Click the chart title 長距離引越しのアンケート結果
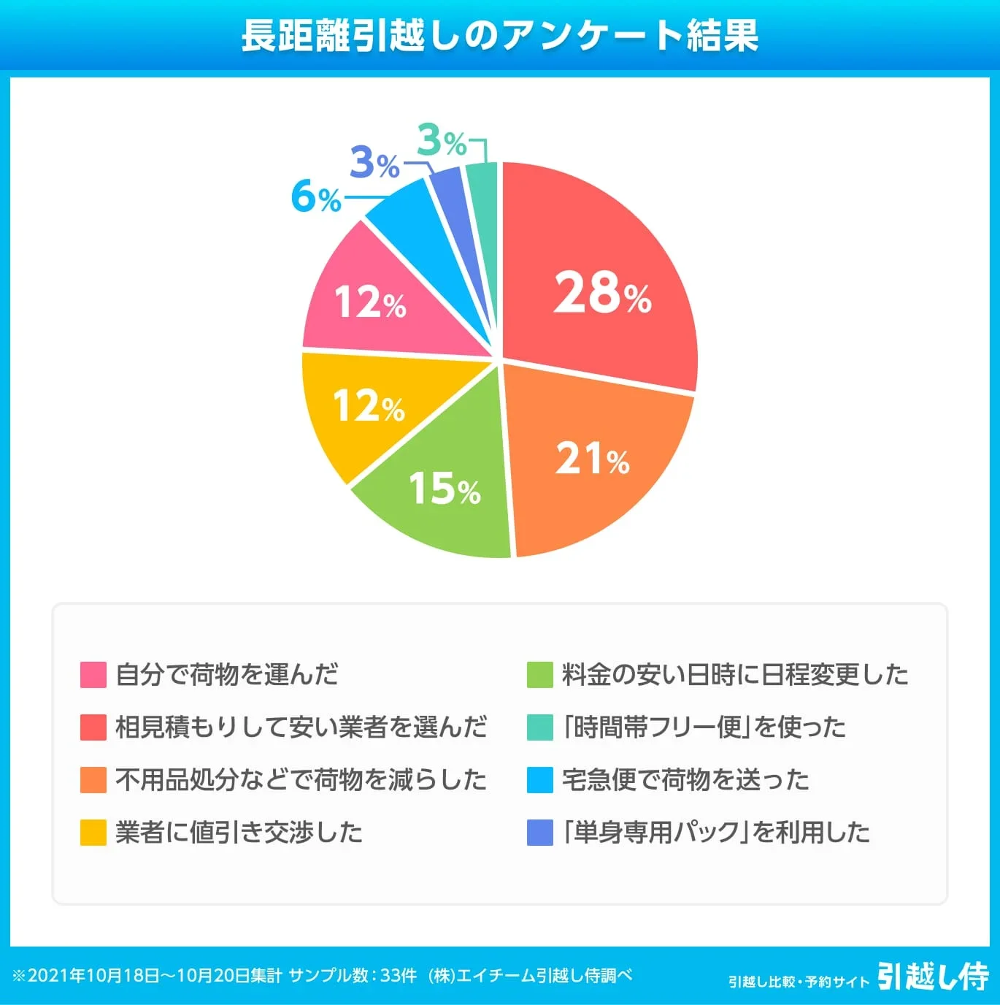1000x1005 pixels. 500,35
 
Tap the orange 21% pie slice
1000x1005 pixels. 591,460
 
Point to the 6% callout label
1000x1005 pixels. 316,197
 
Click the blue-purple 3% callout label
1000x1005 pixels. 374,162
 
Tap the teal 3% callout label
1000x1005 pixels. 442,140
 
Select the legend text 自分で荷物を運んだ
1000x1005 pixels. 227,674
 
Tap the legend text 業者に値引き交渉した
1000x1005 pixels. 239,832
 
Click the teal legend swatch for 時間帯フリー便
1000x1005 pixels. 539,727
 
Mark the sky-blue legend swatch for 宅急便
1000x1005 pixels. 539,779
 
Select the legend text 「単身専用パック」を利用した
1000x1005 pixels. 716,832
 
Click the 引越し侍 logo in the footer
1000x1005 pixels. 932,977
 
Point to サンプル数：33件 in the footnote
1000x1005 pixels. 353,976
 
